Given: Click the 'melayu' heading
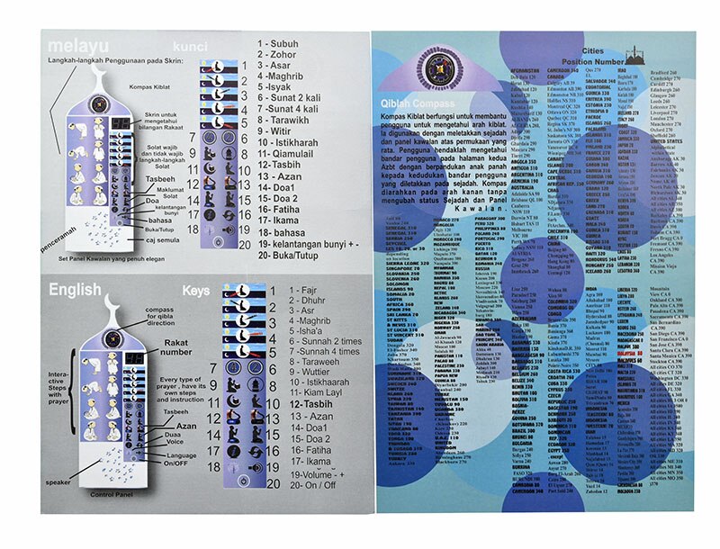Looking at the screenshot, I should click(78, 45).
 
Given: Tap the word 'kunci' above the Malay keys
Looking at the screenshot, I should click(191, 45).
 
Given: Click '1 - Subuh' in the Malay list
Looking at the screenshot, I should click(280, 42).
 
